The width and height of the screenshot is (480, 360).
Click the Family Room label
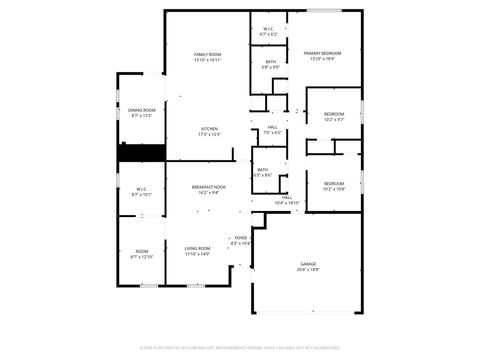pos(207,54)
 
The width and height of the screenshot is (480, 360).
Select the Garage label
pos(308,263)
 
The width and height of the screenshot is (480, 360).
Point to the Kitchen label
pos(209,129)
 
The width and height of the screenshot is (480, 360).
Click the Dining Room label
pos(142,110)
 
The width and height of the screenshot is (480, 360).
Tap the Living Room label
pos(197,248)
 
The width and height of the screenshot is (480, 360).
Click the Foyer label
pos(241,237)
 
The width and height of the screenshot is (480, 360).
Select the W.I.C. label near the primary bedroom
pos(269,28)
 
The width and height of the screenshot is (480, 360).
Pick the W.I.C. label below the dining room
pos(142,189)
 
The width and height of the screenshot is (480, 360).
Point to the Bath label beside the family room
pos(271,62)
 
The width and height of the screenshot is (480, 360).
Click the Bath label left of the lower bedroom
pos(262,170)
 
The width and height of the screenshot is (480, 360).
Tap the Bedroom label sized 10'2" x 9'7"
pos(334,114)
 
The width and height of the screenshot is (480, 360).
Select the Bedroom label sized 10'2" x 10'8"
pos(334,183)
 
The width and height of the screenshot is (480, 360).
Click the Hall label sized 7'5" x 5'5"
pos(272,127)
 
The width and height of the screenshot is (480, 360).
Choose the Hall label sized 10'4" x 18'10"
pos(287,197)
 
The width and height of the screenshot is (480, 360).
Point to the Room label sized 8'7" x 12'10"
pos(142,251)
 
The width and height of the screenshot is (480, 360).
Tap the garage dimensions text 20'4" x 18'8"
pos(308,269)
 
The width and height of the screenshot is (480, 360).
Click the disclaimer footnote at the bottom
pos(240,347)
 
